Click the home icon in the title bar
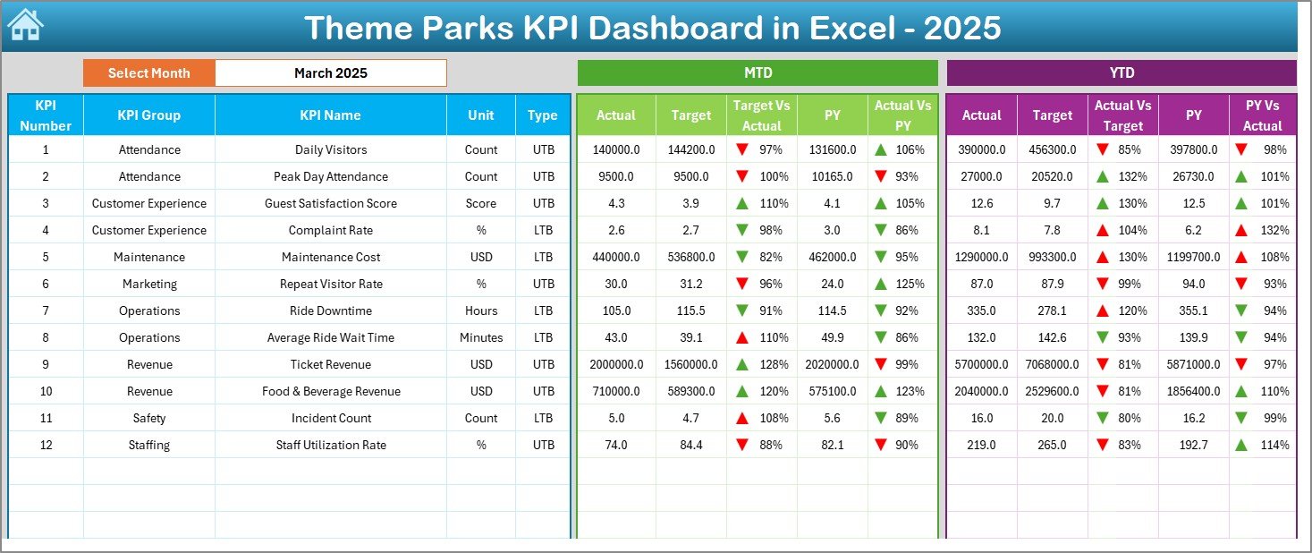coord(25,25)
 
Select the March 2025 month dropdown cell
coord(330,73)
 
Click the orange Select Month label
coord(148,73)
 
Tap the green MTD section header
coord(758,72)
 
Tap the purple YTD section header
coord(1121,72)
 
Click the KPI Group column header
coord(148,115)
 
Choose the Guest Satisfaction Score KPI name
coord(330,203)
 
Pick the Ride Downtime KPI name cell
coord(330,311)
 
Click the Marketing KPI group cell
coord(148,284)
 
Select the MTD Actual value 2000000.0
coord(615,364)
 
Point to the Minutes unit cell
coord(481,337)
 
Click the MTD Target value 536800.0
coord(690,257)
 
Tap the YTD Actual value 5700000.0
coord(981,364)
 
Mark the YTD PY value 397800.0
coord(1193,149)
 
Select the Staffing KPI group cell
coord(148,445)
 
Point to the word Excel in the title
coord(853,28)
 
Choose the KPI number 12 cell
coord(46,445)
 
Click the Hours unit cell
coord(481,311)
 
